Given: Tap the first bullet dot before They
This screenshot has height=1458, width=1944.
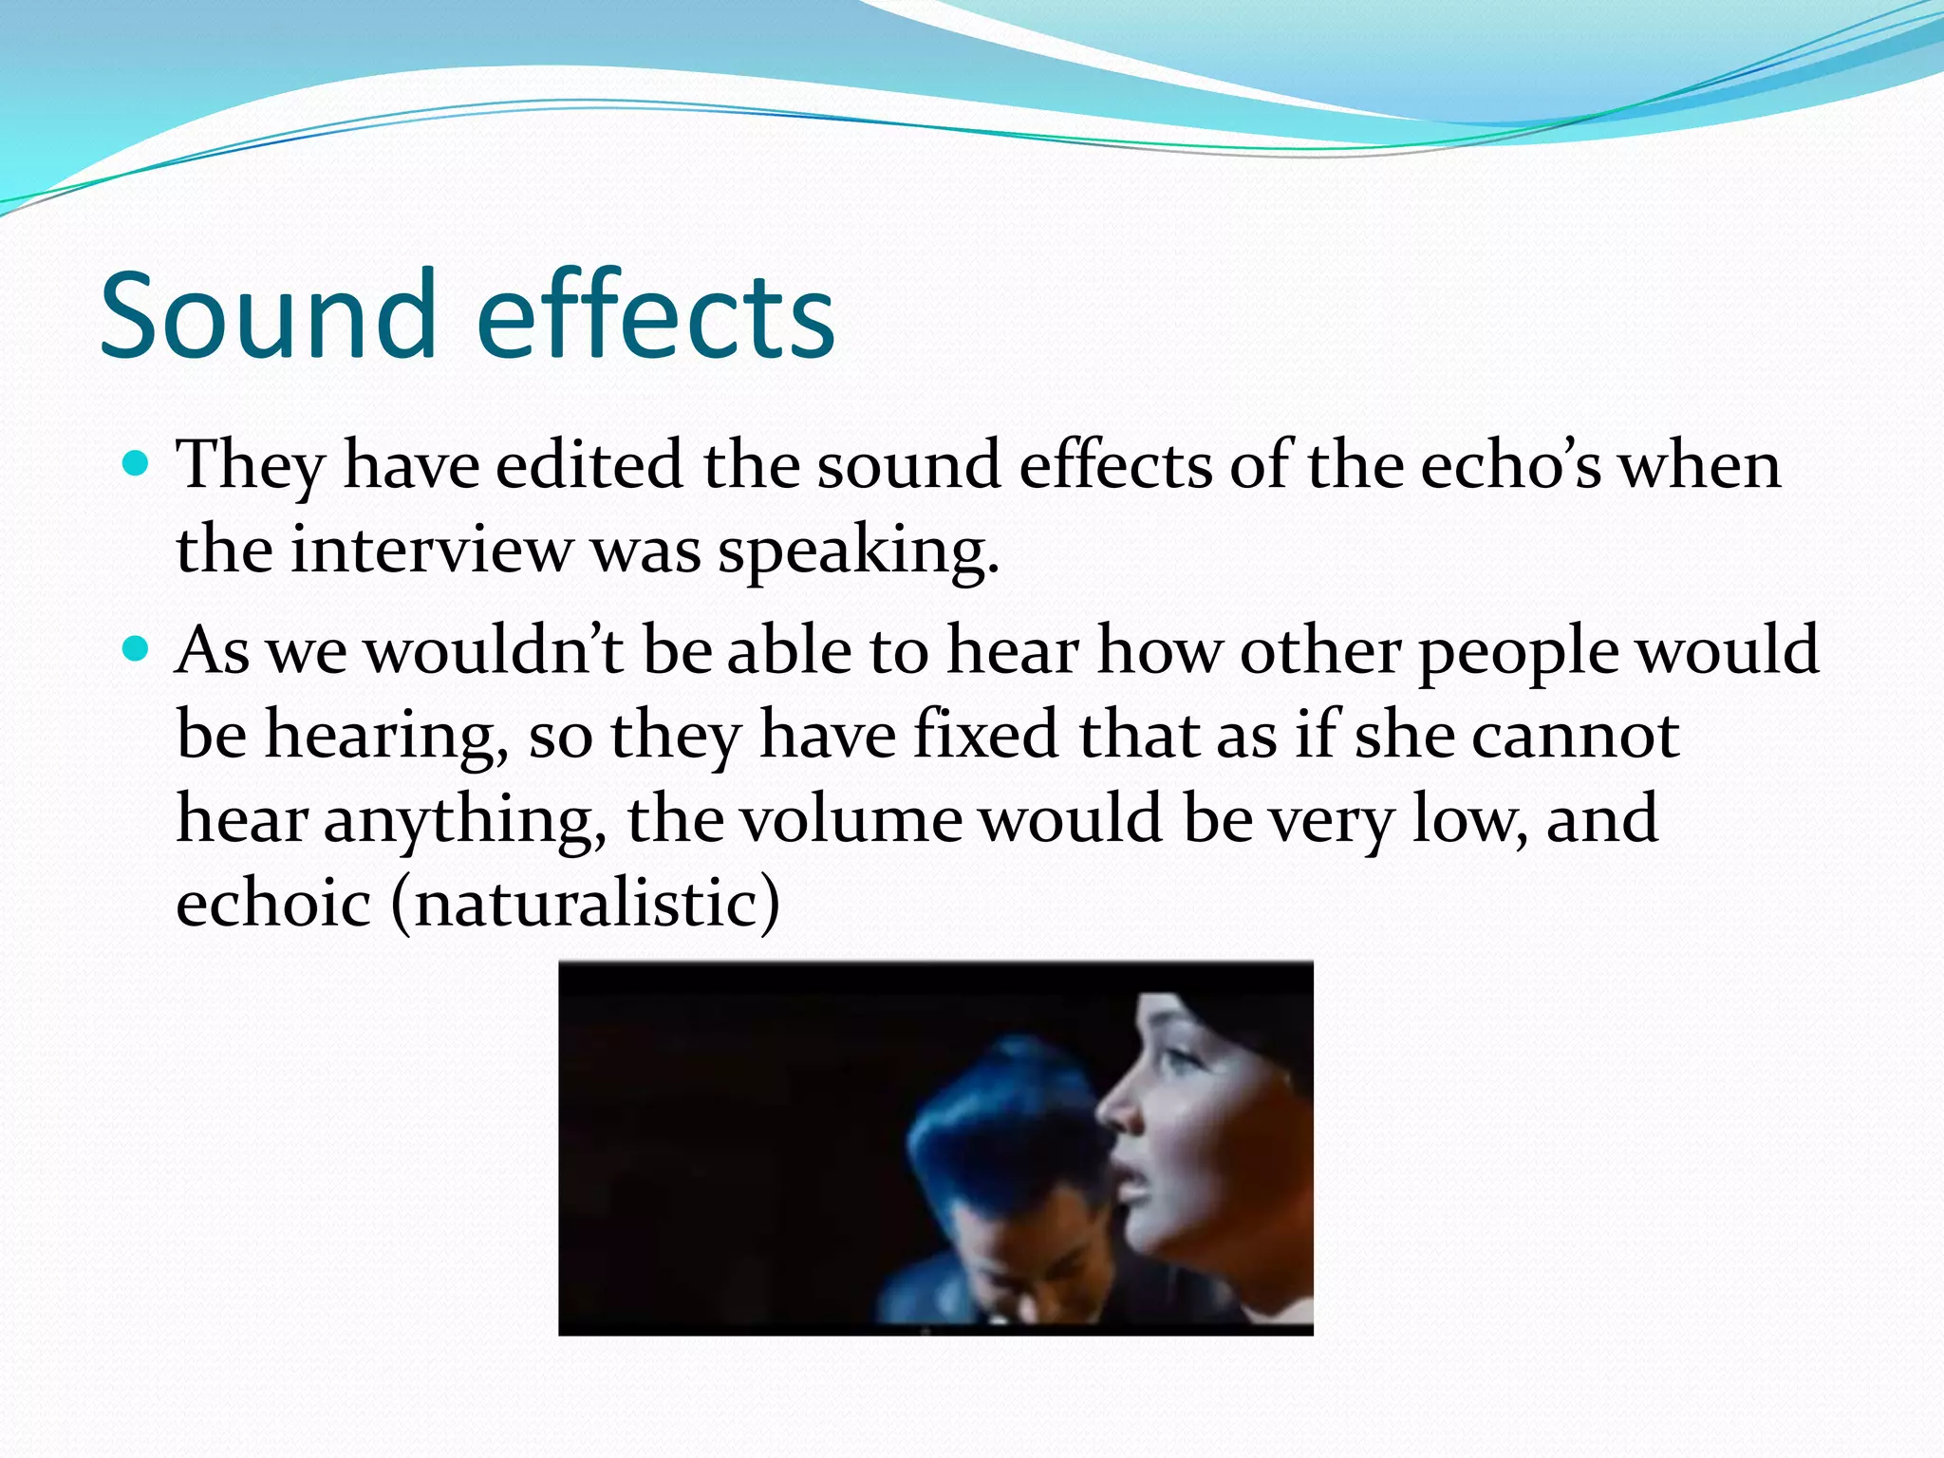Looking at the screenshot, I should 137,464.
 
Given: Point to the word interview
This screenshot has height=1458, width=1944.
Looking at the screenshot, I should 431,551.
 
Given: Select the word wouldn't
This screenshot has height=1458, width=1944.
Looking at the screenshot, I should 495,651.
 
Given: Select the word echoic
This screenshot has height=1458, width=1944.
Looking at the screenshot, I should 273,903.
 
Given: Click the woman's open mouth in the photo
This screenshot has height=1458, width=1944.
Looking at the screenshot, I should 1131,1177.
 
